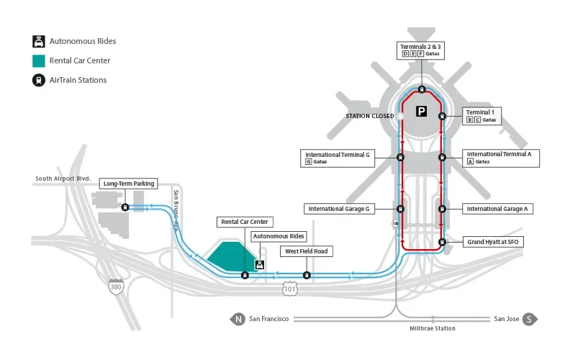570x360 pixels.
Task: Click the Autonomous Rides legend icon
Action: click(38, 42)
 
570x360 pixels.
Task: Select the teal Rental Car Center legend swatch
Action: click(38, 60)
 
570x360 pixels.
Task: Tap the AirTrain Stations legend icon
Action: click(38, 80)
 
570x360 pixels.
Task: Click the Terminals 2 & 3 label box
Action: click(421, 50)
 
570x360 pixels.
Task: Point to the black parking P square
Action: click(422, 112)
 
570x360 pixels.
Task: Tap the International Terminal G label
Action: click(338, 158)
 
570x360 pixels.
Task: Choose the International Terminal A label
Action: click(499, 158)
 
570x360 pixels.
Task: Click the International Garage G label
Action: click(339, 209)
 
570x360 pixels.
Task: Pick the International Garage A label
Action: click(497, 209)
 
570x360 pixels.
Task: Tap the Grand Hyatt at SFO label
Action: click(492, 242)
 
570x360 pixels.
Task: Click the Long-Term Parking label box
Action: click(129, 184)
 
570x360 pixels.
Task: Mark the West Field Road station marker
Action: click(307, 274)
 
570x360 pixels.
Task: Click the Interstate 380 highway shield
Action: click(115, 287)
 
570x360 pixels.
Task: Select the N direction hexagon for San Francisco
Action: click(237, 319)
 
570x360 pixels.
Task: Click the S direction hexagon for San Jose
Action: click(530, 319)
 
